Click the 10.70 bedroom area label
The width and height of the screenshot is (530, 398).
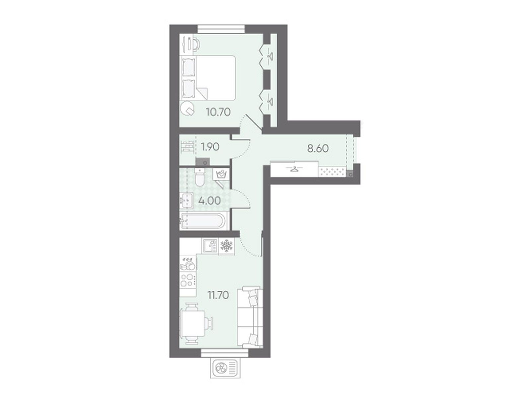[x=218, y=112]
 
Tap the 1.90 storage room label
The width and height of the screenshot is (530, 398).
[x=210, y=147]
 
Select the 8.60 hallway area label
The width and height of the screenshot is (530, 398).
[x=318, y=148]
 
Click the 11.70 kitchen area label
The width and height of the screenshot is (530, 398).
[x=218, y=295]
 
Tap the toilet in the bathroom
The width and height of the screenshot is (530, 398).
[x=199, y=178]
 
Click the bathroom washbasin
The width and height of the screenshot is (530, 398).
[x=186, y=200]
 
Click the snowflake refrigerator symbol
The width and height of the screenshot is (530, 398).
[x=227, y=246]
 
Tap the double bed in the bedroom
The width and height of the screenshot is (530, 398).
[x=208, y=78]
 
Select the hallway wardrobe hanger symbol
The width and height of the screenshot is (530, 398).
[x=294, y=169]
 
